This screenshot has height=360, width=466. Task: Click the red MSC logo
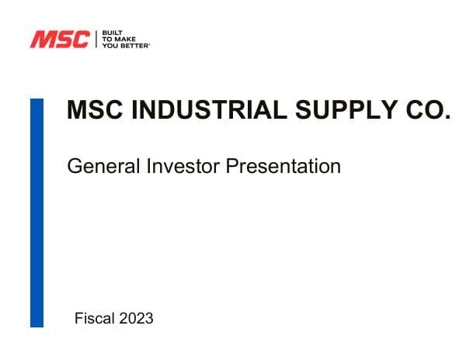click(59, 40)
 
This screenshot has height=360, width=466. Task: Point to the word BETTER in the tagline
click(134, 46)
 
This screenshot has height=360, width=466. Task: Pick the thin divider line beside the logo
click(96, 40)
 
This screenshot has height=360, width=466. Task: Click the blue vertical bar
click(37, 213)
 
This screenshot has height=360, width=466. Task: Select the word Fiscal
click(93, 318)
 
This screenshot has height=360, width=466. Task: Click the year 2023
click(136, 318)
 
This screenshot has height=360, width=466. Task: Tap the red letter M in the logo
click(42, 40)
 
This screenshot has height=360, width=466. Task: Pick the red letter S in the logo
click(61, 40)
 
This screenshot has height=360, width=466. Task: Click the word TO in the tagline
click(106, 40)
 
